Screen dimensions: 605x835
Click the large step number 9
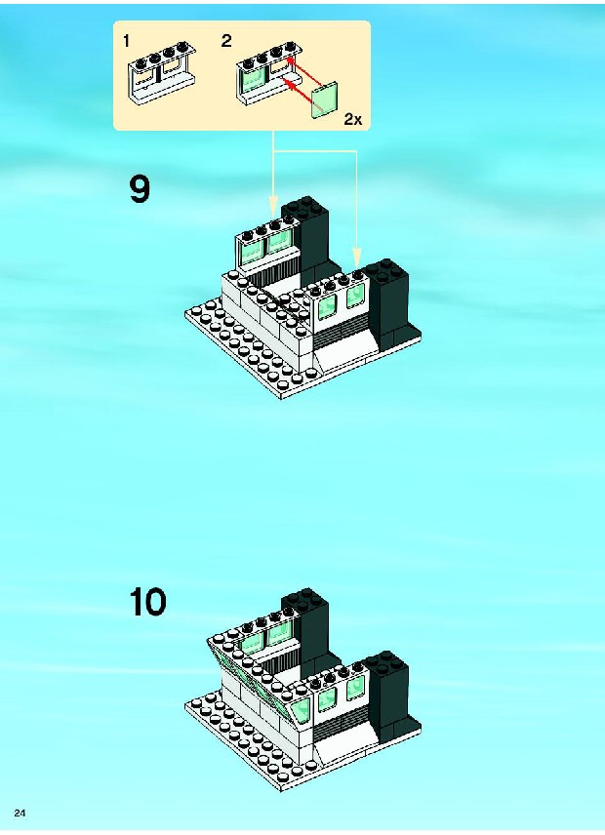[x=140, y=189]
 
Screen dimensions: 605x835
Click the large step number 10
[x=148, y=602]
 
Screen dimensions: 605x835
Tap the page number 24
[x=20, y=813]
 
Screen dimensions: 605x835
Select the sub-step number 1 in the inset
[x=126, y=41]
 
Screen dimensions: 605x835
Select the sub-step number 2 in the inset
[x=226, y=41]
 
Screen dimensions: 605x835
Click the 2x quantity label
[x=352, y=119]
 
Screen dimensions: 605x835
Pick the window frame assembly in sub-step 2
[x=269, y=72]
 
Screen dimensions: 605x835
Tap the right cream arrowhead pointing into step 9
[x=356, y=257]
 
